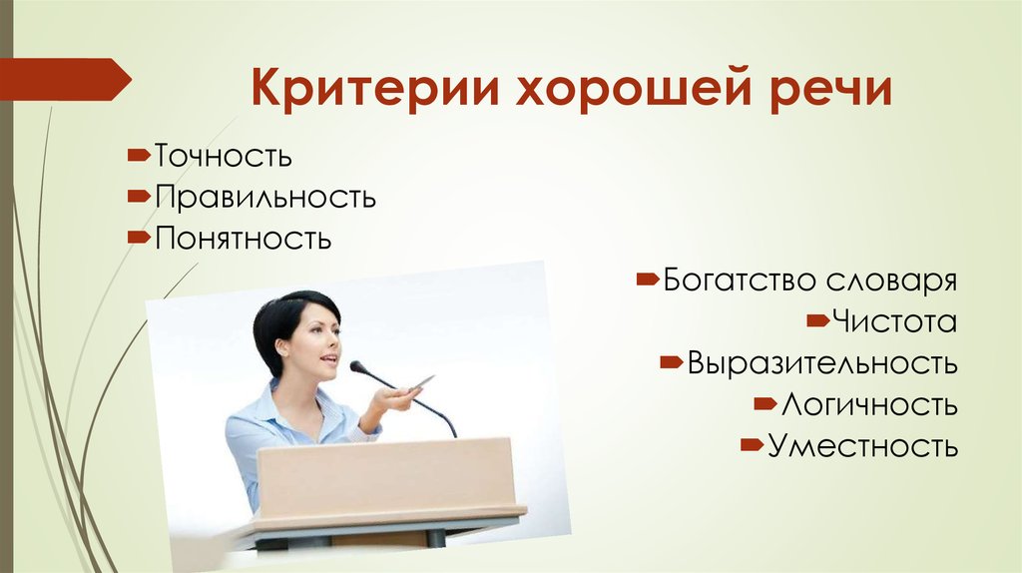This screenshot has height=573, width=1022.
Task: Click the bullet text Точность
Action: (x=223, y=156)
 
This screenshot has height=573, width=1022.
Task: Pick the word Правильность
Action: (x=265, y=197)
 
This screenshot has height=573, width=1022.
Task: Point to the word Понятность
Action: (x=244, y=239)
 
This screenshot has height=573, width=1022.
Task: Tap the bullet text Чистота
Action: (x=895, y=321)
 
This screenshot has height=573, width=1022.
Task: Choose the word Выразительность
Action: (x=822, y=363)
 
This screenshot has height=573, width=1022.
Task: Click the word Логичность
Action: (x=869, y=405)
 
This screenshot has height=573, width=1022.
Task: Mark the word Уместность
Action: (x=863, y=446)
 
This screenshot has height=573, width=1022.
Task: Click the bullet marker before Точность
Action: (x=139, y=155)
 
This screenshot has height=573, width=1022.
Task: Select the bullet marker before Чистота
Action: (x=818, y=320)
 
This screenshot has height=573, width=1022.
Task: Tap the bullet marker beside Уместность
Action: (x=753, y=445)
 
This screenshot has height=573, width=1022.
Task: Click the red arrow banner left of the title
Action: (x=65, y=80)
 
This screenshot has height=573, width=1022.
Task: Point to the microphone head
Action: (x=357, y=367)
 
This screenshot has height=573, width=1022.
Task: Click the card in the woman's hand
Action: (x=421, y=383)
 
